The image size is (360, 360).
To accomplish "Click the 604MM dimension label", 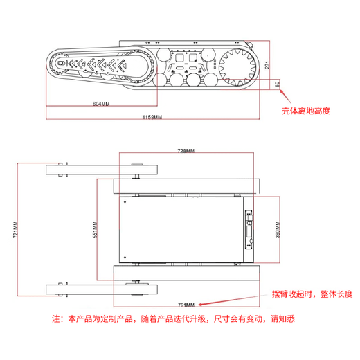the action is point(101,104).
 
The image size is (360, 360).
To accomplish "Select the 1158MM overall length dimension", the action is point(152,117).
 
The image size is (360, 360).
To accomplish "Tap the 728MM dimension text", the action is point(186,151).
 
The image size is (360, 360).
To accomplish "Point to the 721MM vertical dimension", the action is point(15,230).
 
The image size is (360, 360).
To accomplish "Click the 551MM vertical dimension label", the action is point(95,230).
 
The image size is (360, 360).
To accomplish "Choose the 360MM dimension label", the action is point(278,230).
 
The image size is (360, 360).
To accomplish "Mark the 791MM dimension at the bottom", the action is point(186,305).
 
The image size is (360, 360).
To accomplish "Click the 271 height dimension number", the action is point(267,65).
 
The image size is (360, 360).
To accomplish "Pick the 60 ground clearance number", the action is point(278,84).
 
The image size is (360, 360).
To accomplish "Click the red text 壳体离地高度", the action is point(306,111).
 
